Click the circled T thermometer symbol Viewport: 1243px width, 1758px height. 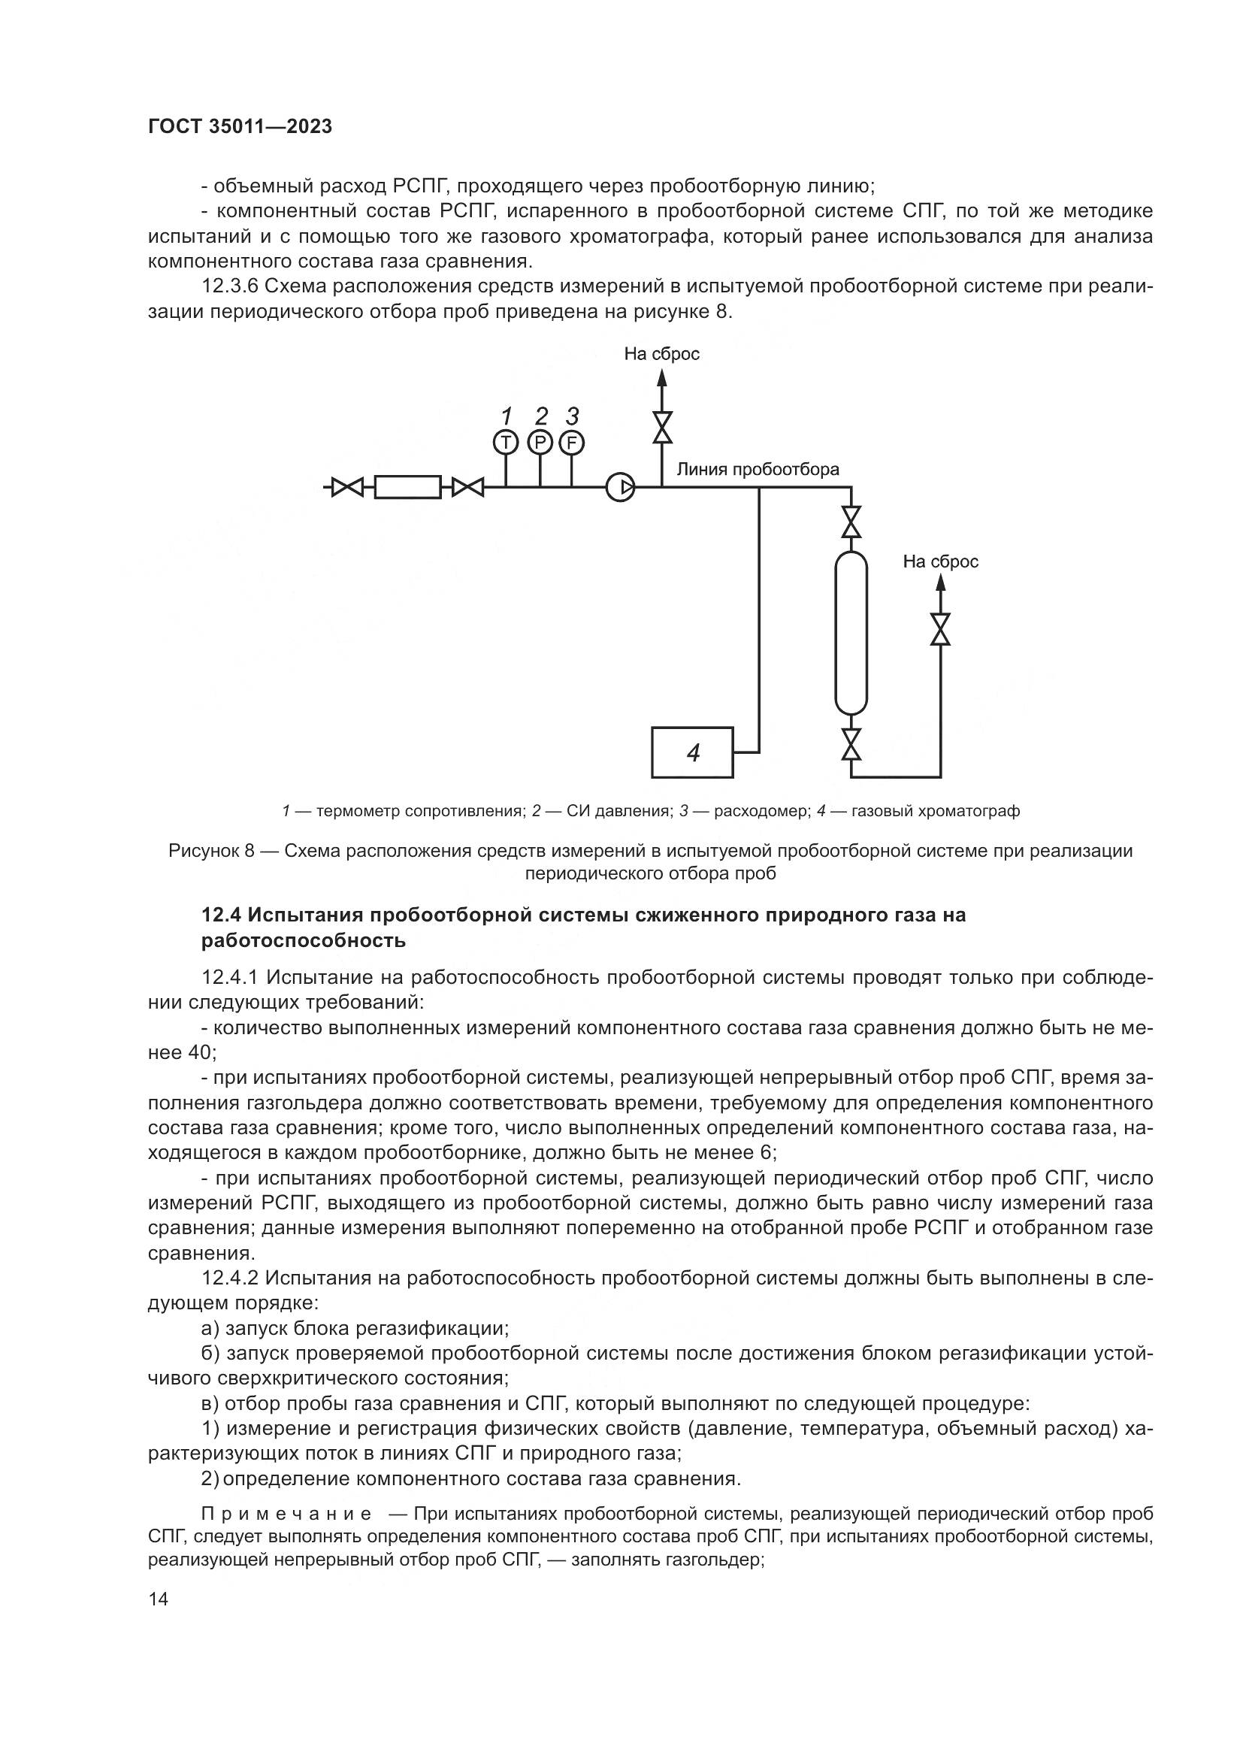tap(505, 442)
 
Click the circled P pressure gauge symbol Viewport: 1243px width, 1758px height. tap(540, 442)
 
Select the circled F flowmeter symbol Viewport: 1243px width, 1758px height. tap(572, 442)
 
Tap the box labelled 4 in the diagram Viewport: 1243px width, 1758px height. tap(692, 752)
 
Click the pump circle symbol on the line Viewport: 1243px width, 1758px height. tap(620, 487)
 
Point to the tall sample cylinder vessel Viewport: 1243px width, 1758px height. tap(851, 634)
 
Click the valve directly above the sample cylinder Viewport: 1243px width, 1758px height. tap(851, 522)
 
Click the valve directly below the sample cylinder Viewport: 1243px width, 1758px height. tap(851, 743)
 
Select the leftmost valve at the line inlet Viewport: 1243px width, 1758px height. tap(347, 487)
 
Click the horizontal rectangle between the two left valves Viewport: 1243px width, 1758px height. tap(407, 487)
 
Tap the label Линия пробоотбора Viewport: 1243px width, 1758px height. tap(757, 469)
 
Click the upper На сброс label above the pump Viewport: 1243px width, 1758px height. tap(661, 354)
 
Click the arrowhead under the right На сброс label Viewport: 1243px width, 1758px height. tap(941, 582)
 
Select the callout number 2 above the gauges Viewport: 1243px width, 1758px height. tap(541, 416)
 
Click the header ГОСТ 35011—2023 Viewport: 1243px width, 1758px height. tap(240, 127)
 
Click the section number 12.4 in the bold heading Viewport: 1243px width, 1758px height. tap(222, 915)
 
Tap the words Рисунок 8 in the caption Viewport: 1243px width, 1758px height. tap(210, 851)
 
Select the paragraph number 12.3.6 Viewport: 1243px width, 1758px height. tap(230, 287)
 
